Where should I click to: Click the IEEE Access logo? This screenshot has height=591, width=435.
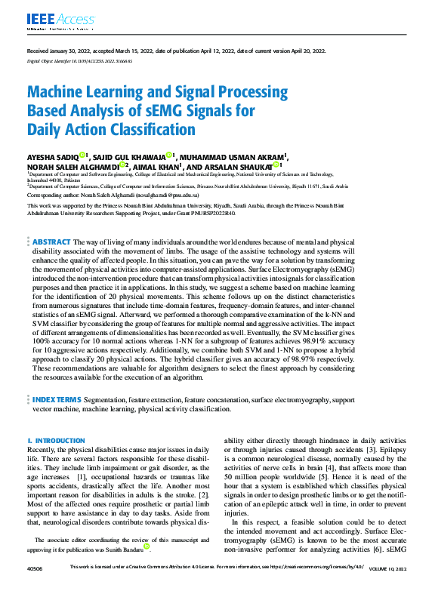[x=53, y=19]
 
